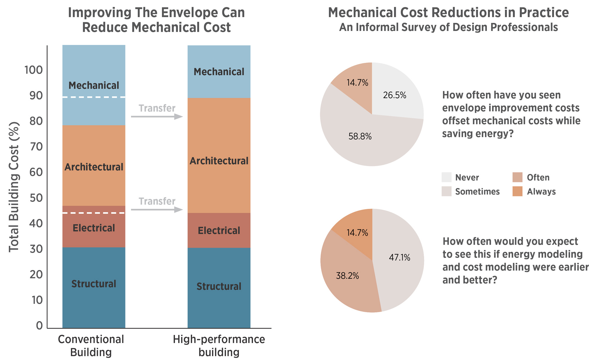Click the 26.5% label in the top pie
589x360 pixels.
pyautogui.click(x=395, y=95)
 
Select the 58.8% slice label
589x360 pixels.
pyautogui.click(x=360, y=136)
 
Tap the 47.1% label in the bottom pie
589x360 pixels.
pyautogui.click(x=399, y=258)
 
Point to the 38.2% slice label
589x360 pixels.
pyautogui.click(x=348, y=276)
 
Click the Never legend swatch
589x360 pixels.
pyautogui.click(x=446, y=177)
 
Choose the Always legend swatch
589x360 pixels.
pyautogui.click(x=517, y=191)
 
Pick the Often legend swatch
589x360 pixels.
pyautogui.click(x=517, y=177)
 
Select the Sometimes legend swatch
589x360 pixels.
pyautogui.click(x=446, y=191)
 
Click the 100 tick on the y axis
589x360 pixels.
pyautogui.click(x=34, y=70)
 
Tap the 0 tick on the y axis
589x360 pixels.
pyautogui.click(x=39, y=326)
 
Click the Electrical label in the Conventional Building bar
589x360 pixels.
pyautogui.click(x=94, y=228)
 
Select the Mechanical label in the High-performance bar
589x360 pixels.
pyautogui.click(x=219, y=72)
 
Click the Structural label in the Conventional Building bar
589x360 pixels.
pyautogui.click(x=94, y=284)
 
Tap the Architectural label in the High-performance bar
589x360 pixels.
pyautogui.click(x=219, y=161)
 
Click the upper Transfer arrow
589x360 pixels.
pyautogui.click(x=157, y=117)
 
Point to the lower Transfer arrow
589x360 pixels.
pyautogui.click(x=157, y=210)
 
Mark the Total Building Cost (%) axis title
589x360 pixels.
pyautogui.click(x=14, y=187)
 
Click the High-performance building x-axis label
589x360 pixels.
pyautogui.click(x=219, y=346)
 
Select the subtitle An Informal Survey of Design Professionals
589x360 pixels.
pyautogui.click(x=449, y=27)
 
